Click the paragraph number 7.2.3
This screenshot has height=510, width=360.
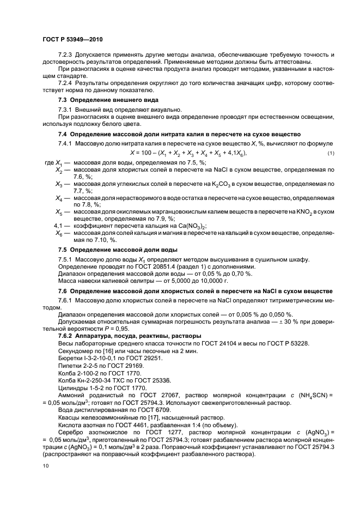coord(66,56)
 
